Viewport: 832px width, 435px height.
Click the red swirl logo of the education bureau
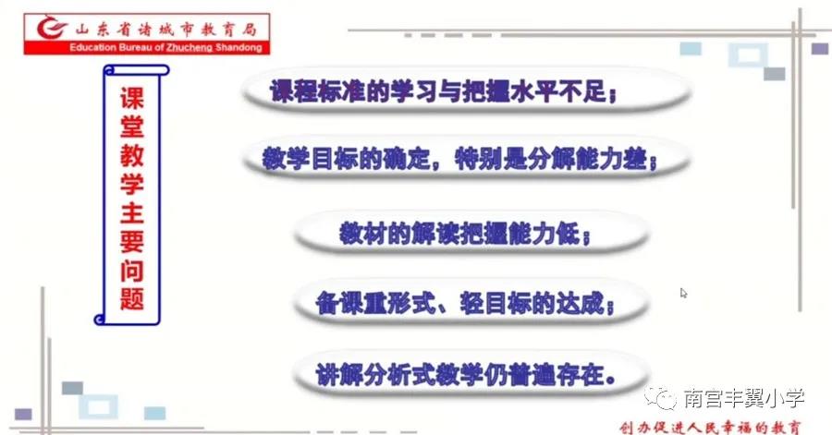point(52,28)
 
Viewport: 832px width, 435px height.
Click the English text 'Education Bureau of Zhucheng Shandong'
point(165,48)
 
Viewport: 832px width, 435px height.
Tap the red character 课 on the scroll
point(131,99)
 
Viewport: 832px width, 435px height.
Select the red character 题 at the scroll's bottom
point(131,298)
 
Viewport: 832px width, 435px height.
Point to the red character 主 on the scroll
point(131,212)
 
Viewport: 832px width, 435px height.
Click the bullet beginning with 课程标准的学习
point(444,91)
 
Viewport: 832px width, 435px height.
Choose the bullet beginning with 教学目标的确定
point(459,159)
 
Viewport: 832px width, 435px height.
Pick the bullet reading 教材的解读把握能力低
point(465,233)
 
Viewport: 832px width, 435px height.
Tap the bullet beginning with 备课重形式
point(465,304)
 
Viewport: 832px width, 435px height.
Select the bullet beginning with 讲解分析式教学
point(466,375)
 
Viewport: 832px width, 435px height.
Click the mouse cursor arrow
point(683,293)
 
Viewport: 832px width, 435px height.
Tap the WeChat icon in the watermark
point(661,398)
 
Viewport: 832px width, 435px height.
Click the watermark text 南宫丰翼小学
point(744,398)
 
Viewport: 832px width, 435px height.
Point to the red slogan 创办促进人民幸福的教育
point(710,427)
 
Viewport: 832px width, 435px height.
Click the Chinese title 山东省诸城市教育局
point(165,29)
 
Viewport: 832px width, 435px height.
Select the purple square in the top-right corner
point(820,49)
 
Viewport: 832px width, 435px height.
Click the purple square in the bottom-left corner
point(23,414)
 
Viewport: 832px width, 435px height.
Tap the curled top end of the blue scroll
point(137,70)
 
